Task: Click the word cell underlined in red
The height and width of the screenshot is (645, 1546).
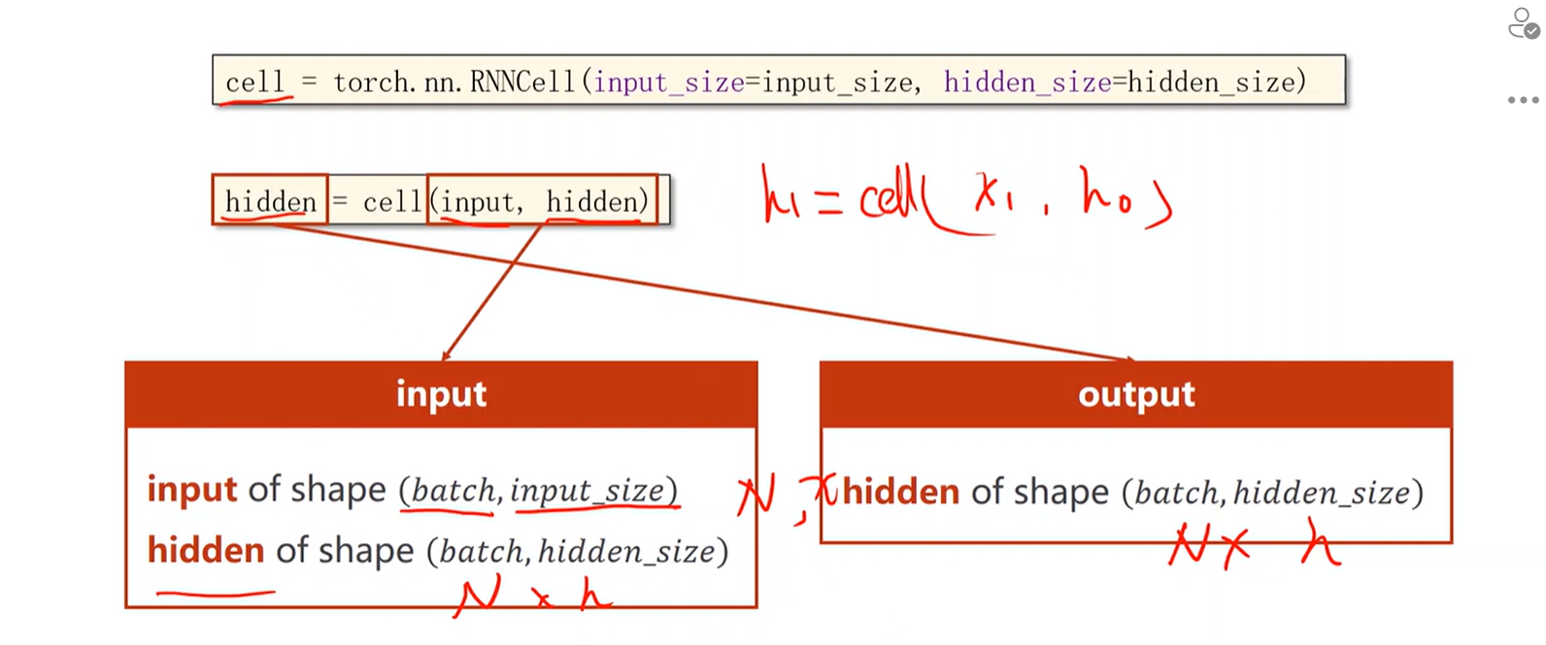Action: click(x=254, y=83)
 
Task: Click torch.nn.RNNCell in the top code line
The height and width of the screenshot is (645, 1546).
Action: click(x=454, y=83)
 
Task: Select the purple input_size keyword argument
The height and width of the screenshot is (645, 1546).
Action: click(x=668, y=83)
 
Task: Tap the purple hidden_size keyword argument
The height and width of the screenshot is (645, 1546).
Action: click(x=1026, y=83)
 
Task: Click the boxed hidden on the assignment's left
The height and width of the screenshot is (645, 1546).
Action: click(x=270, y=202)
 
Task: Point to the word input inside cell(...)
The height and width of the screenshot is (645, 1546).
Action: click(x=478, y=202)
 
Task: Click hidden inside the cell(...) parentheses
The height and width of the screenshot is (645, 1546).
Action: click(x=594, y=202)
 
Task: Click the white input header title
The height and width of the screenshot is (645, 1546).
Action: click(x=441, y=394)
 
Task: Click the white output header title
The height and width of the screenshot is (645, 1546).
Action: click(x=1136, y=394)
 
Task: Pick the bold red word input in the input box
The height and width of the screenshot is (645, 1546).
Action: click(x=191, y=489)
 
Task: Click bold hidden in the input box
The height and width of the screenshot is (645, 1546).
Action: click(x=205, y=551)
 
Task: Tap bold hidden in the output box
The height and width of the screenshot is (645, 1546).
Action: click(x=900, y=492)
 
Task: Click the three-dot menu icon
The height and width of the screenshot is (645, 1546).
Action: click(x=1523, y=100)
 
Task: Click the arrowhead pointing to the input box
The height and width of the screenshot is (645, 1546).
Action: click(x=445, y=356)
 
